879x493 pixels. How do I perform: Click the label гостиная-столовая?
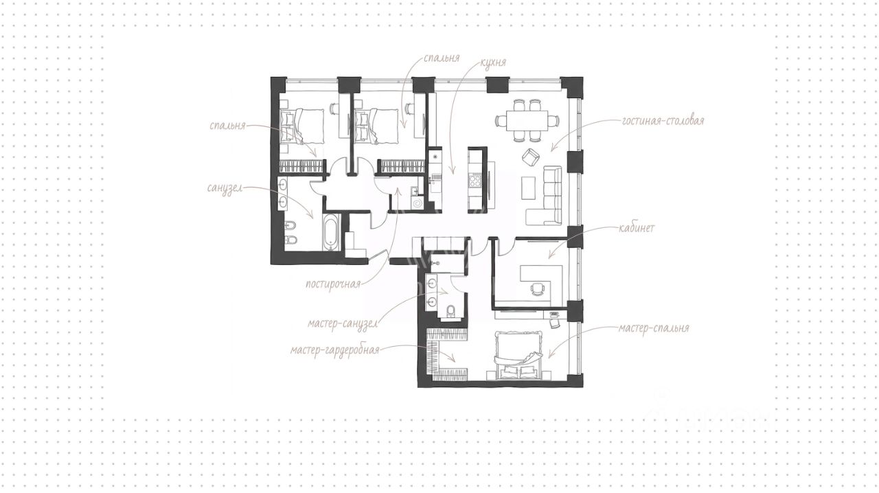click(663, 121)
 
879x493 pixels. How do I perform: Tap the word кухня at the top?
click(493, 62)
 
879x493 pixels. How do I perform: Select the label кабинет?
click(637, 228)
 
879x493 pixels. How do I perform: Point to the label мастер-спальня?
click(654, 328)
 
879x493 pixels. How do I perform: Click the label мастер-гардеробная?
click(335, 350)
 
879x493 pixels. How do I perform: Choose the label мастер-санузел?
click(343, 324)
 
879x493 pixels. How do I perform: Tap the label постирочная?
click(333, 284)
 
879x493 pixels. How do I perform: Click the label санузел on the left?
click(225, 188)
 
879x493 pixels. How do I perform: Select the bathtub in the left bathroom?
click(332, 231)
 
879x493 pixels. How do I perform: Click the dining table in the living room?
click(527, 121)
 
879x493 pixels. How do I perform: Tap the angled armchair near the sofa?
click(531, 157)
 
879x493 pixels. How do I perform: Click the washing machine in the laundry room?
click(417, 203)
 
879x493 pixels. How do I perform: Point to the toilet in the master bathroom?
click(451, 310)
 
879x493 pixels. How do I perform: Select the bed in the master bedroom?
click(518, 355)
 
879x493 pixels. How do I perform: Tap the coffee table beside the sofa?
click(528, 188)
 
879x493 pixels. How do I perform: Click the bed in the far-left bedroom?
click(301, 126)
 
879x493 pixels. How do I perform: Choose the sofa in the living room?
click(548, 195)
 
